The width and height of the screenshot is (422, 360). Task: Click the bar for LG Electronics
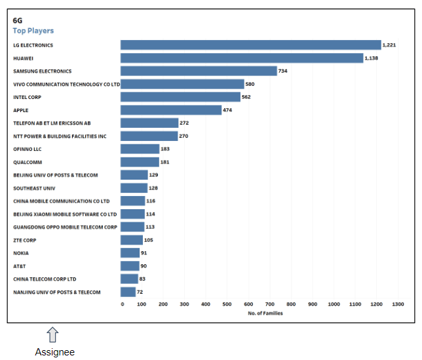point(250,45)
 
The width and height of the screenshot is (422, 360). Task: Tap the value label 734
point(283,71)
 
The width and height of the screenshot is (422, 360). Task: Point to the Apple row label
point(21,110)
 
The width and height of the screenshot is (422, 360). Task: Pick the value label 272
point(184,123)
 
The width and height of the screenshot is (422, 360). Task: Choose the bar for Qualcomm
point(140,162)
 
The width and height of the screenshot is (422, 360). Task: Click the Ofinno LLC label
point(28,149)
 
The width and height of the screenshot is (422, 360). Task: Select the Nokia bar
point(130,253)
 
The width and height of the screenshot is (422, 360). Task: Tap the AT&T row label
point(20,266)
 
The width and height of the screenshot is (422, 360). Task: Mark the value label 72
point(140,292)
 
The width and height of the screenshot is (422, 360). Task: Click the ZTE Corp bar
point(131,240)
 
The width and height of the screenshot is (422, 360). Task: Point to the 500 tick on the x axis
point(227,304)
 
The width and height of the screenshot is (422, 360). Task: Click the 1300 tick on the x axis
point(398,304)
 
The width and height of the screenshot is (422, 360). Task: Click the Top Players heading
point(33,31)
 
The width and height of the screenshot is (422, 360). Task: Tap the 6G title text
point(18,20)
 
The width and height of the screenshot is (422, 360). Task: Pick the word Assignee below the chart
point(54,352)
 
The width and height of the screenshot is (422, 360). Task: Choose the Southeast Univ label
point(30,188)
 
